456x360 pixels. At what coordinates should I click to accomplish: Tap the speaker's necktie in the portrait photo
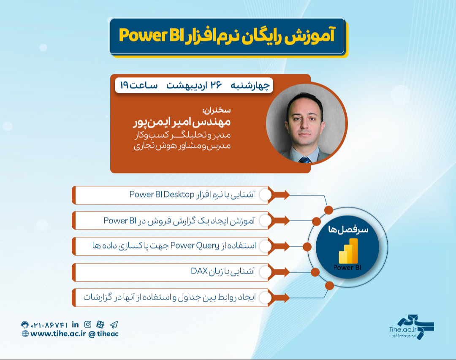304,160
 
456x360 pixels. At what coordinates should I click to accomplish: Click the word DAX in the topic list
199,272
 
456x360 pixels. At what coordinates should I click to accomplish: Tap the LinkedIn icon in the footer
76,324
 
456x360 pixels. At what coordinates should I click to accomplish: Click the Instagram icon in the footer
88,324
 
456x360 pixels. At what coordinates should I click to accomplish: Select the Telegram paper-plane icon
114,324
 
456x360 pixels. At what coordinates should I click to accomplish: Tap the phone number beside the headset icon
49,325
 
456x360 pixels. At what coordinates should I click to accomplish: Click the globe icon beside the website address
25,334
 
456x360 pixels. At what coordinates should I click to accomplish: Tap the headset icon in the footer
25,325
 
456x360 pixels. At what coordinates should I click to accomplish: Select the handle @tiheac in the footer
103,334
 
